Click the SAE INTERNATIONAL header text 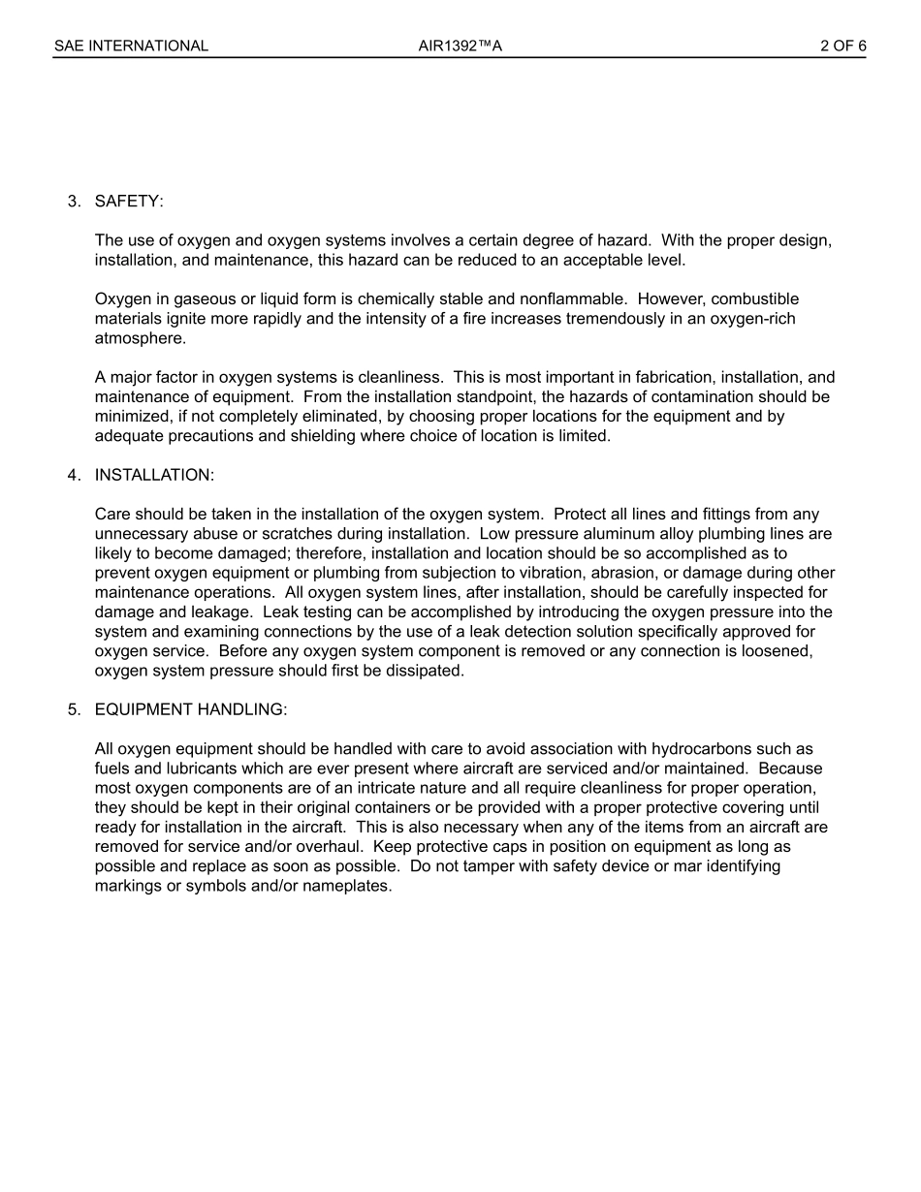tap(131, 46)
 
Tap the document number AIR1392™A tap(460, 46)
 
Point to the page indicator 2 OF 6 tap(842, 46)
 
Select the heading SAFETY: tap(129, 201)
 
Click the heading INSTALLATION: tap(154, 475)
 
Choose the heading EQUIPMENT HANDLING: tap(190, 709)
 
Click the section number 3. tap(74, 201)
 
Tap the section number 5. tap(74, 709)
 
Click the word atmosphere tap(139, 338)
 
